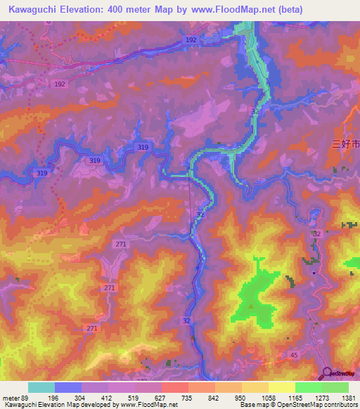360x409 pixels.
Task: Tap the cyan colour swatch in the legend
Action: click(41, 387)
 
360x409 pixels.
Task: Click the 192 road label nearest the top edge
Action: click(191, 41)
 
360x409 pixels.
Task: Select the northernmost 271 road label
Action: click(120, 243)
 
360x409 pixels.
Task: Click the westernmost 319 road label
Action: click(41, 173)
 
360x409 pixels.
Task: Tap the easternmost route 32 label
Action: click(317, 233)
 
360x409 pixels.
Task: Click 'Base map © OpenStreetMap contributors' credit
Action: click(298, 405)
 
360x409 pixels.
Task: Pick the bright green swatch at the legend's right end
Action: click(335, 387)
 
